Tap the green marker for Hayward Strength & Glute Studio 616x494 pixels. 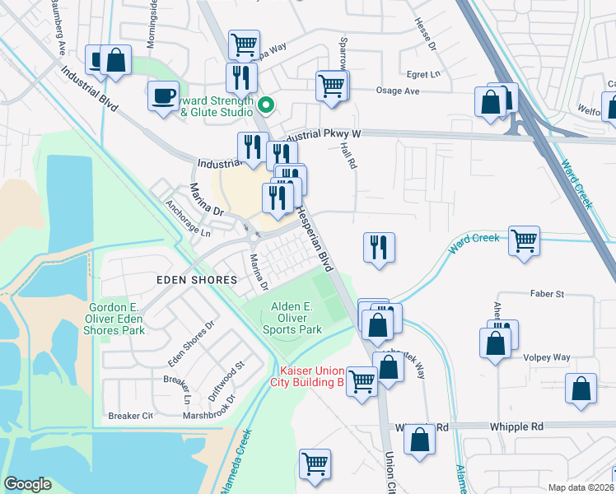pyautogui.click(x=266, y=105)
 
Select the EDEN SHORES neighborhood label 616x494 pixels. pyautogui.click(x=198, y=280)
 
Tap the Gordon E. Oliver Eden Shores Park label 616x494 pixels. pyautogui.click(x=116, y=319)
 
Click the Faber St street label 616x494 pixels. pyautogui.click(x=547, y=294)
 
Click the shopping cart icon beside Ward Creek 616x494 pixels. pyautogui.click(x=524, y=240)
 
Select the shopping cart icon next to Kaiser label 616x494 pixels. pyautogui.click(x=362, y=380)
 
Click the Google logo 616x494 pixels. pyautogui.click(x=27, y=484)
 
